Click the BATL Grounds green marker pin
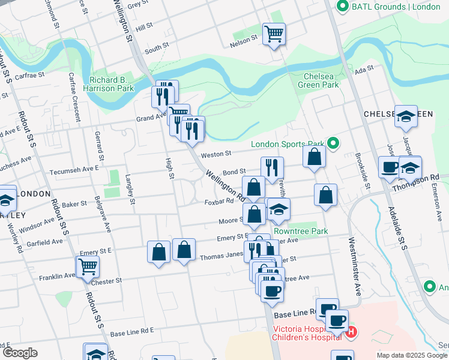click(x=343, y=7)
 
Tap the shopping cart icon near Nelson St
click(x=274, y=33)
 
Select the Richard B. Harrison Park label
click(x=112, y=84)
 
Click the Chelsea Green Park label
click(x=321, y=80)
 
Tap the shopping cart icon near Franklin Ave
click(x=88, y=266)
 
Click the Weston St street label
click(x=216, y=155)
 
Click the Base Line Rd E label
click(x=132, y=331)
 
